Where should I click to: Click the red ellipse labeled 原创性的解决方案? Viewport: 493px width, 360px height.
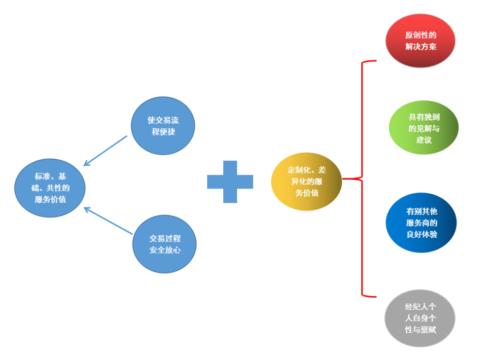click(421, 40)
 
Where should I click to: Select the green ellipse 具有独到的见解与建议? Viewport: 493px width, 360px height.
click(423, 127)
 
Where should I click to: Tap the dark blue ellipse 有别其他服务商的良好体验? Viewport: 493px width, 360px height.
click(421, 222)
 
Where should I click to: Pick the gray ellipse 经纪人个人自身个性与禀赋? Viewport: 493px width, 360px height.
click(420, 318)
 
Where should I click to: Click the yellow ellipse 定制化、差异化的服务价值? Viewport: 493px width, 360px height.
click(307, 181)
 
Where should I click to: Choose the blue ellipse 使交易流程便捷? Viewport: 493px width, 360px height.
click(163, 126)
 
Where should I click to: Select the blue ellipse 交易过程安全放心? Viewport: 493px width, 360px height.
click(165, 244)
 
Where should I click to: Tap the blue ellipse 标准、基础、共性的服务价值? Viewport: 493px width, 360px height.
click(50, 188)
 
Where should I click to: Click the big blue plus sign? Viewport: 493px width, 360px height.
click(230, 182)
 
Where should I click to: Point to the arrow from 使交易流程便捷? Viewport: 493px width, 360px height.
click(106, 150)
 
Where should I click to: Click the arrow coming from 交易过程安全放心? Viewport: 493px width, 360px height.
click(108, 220)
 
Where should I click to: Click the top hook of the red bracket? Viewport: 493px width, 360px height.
click(369, 61)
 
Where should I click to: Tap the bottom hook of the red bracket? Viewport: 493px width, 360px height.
click(369, 296)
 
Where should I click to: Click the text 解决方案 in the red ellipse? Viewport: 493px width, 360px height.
click(421, 46)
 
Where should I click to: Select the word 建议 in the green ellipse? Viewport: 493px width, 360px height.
click(424, 140)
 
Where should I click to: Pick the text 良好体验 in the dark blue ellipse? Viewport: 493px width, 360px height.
click(422, 234)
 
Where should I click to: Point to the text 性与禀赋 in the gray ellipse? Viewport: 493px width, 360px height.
click(421, 330)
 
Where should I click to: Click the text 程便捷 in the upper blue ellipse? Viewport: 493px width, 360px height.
click(163, 132)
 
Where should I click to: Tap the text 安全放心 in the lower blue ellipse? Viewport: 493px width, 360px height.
click(165, 250)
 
